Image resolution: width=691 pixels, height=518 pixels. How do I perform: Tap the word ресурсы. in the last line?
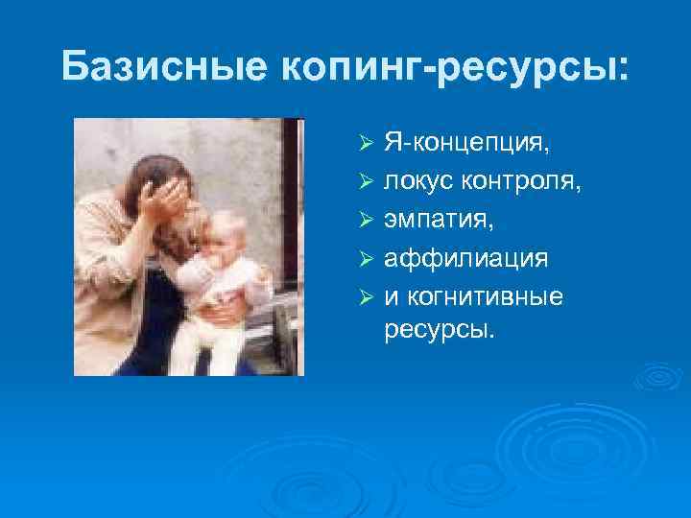[441, 330]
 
